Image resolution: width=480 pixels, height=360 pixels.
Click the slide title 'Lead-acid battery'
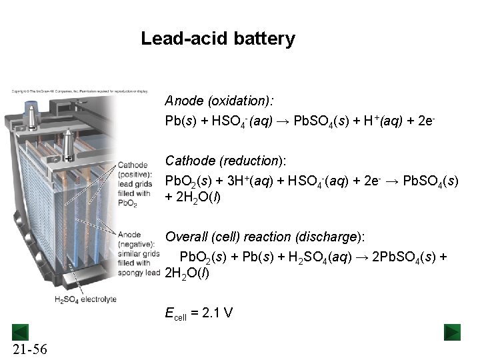217,39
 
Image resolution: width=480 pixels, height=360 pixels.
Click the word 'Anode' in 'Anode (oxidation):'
184,101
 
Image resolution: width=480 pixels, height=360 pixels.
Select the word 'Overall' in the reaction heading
186,237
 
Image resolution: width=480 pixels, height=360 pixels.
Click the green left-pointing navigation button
21,331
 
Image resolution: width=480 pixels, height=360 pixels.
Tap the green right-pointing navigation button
453,331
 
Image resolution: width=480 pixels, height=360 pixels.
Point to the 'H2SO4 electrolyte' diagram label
85,299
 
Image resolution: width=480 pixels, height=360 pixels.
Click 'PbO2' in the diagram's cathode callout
127,203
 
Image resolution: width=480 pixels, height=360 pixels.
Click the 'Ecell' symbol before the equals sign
175,313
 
